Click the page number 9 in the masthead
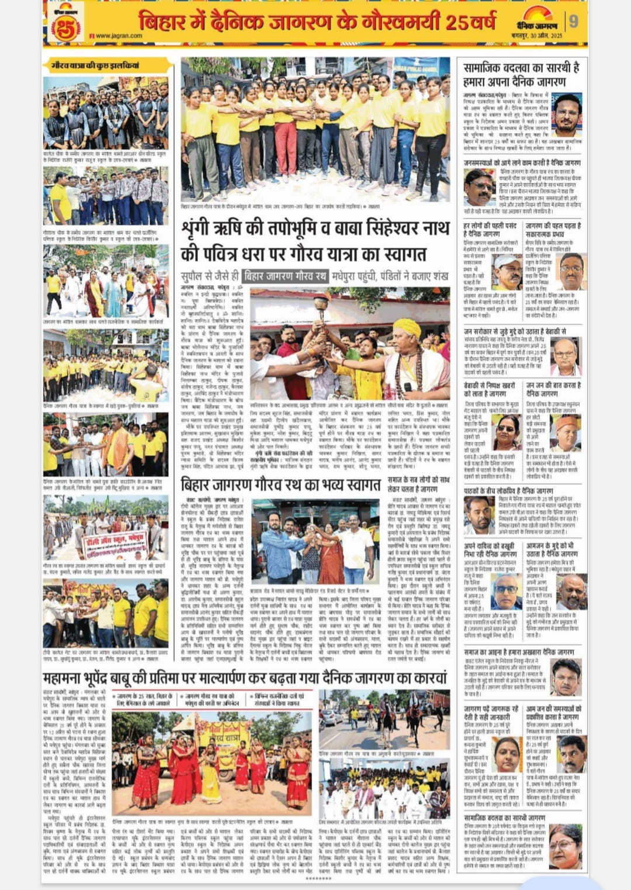click(x=574, y=21)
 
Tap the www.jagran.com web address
click(x=117, y=36)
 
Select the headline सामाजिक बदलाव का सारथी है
click(x=521, y=68)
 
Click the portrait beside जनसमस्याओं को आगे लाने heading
click(x=480, y=187)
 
